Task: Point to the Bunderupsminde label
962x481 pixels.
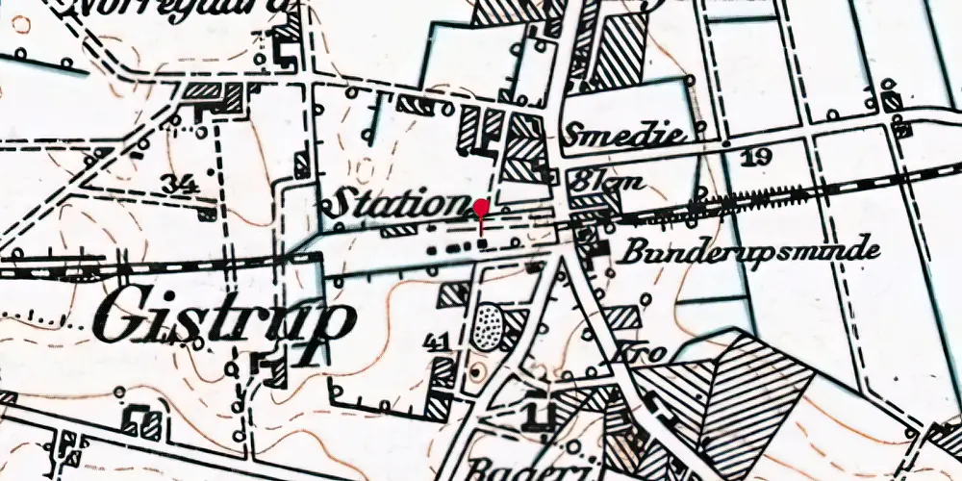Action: (x=749, y=252)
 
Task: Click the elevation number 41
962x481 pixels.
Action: (x=437, y=342)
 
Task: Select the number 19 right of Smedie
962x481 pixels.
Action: (x=756, y=156)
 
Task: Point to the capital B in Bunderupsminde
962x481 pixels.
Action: (x=633, y=253)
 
